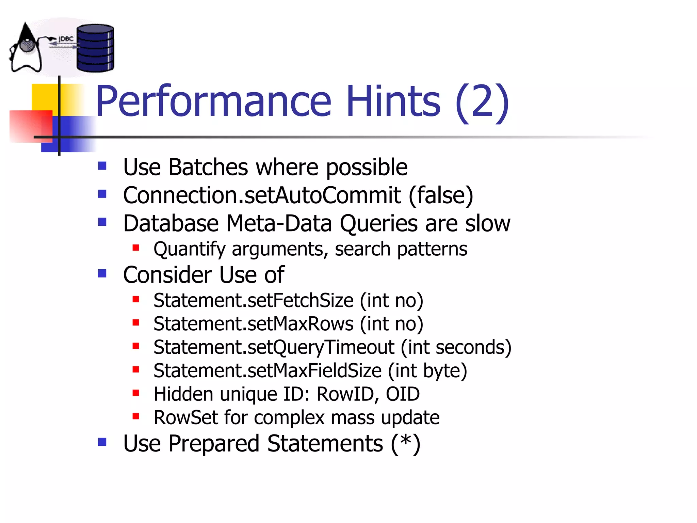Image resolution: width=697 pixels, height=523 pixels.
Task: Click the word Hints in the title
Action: pos(393,101)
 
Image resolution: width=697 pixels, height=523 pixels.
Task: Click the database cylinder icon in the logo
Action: pos(95,48)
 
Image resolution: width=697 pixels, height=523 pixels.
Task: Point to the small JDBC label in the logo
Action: pos(66,39)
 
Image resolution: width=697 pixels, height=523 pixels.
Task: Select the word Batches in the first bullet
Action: pos(208,167)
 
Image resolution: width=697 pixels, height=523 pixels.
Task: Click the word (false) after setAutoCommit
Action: pos(441,195)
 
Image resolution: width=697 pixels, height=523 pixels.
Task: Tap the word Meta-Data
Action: pos(279,224)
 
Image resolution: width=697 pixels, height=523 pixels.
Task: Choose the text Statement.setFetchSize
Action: pos(254,301)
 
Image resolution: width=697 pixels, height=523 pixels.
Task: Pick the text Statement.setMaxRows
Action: pos(254,324)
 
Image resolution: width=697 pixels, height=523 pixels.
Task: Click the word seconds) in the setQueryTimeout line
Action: pos(473,347)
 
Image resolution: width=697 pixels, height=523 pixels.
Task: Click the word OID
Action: pos(403,394)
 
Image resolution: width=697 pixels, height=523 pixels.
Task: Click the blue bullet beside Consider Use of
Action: pos(102,273)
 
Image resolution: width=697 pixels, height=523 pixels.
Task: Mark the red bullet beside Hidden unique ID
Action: pos(136,393)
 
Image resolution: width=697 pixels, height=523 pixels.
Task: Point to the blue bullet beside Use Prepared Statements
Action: pos(102,442)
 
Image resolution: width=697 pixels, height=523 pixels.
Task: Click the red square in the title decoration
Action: pos(31,126)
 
